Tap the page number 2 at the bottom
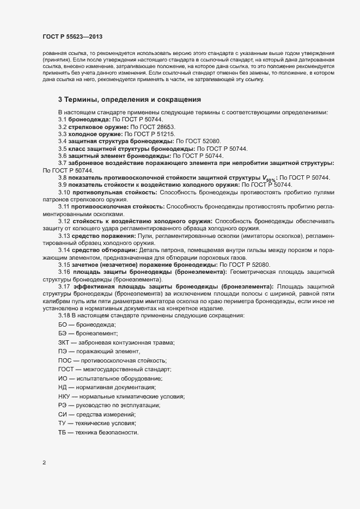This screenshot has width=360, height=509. (44, 463)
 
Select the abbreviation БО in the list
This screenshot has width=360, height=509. (63, 324)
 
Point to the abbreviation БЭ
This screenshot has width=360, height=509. (63, 333)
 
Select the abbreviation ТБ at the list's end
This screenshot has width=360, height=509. (62, 432)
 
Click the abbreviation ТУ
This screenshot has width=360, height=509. (62, 423)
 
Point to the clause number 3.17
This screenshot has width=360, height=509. (65, 286)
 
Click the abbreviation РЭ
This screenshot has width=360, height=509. (62, 405)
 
